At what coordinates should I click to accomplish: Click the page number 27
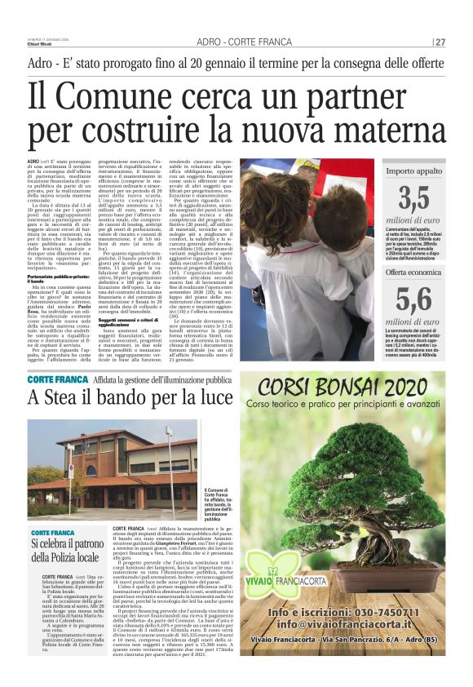click(440, 42)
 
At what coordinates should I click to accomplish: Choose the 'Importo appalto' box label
click(413, 171)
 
